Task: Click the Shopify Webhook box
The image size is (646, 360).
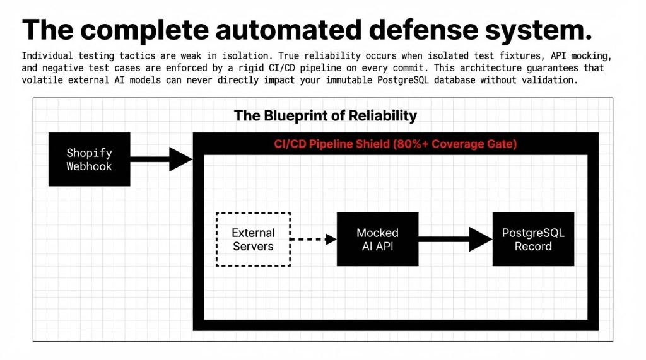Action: click(x=89, y=160)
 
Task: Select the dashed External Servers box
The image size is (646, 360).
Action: click(x=253, y=240)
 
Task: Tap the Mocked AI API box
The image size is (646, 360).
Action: click(x=377, y=240)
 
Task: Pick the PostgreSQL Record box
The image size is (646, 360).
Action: click(x=533, y=240)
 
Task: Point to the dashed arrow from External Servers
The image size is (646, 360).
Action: click(x=314, y=240)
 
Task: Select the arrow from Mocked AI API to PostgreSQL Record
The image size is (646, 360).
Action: click(x=454, y=240)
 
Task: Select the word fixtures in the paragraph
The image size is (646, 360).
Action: click(x=498, y=55)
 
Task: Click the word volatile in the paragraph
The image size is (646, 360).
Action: click(x=44, y=80)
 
